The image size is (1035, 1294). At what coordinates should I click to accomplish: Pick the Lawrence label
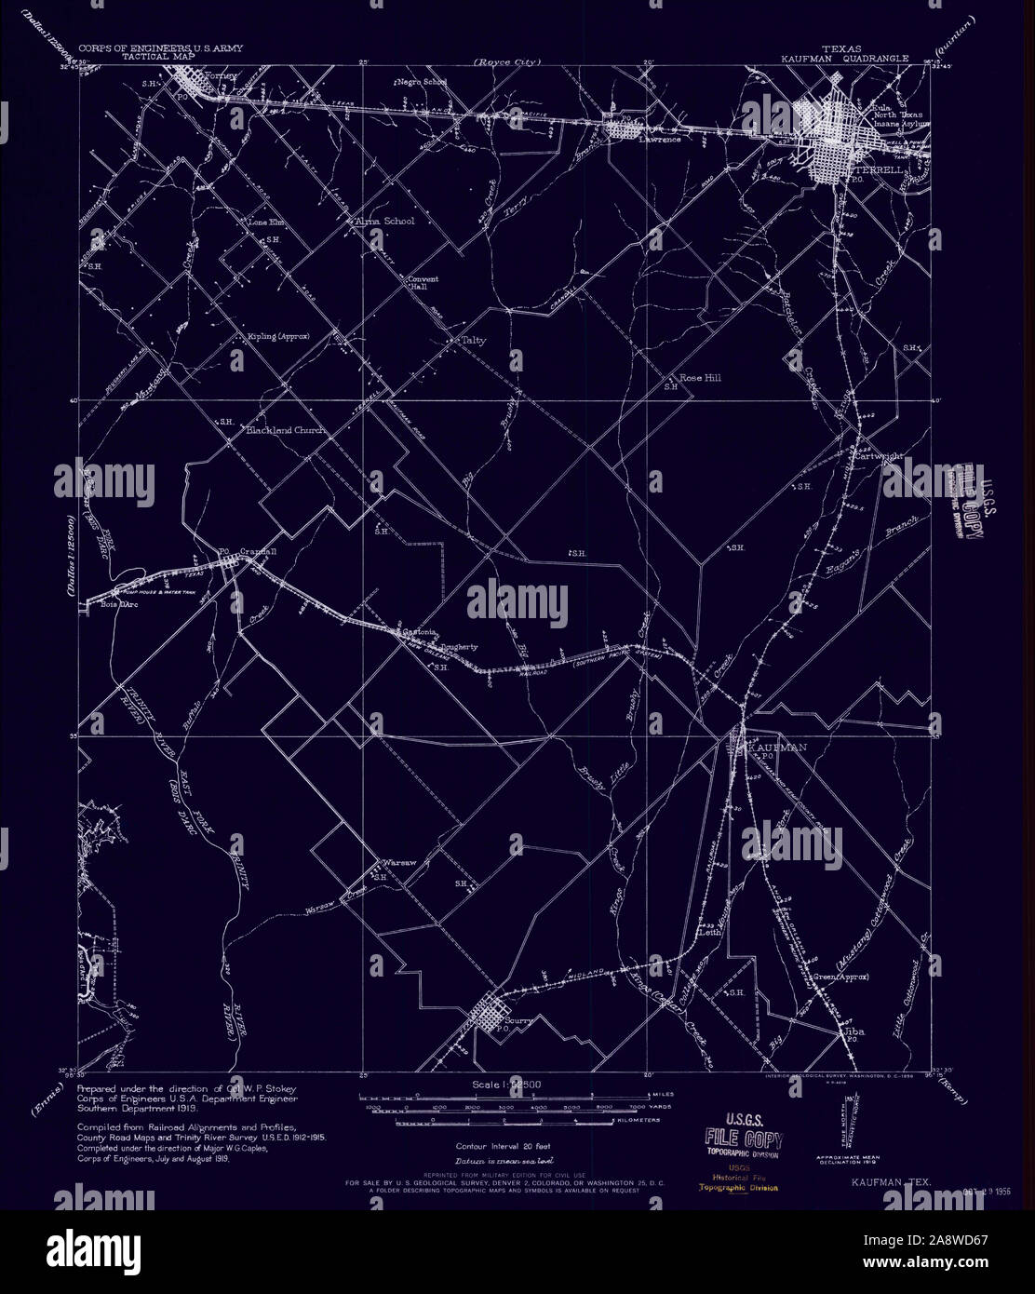pyautogui.click(x=659, y=141)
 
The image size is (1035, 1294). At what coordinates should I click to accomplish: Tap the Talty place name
pyautogui.click(x=474, y=341)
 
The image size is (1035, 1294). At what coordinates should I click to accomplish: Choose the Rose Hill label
pyautogui.click(x=700, y=379)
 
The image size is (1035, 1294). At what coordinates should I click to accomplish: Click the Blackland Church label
pyautogui.click(x=284, y=431)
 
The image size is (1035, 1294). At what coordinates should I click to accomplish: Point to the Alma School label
pyautogui.click(x=383, y=222)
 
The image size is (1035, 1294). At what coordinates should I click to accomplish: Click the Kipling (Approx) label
pyautogui.click(x=278, y=336)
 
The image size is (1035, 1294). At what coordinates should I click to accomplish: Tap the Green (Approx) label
pyautogui.click(x=840, y=977)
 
